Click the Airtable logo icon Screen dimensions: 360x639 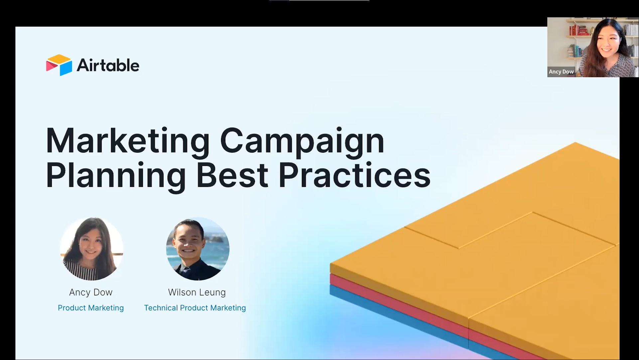[x=59, y=65]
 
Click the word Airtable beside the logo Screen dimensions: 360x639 [x=108, y=65]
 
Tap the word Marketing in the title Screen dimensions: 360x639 [x=127, y=141]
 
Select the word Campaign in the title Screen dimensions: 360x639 [x=302, y=141]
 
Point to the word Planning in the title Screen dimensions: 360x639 [x=115, y=175]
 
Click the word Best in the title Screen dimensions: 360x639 [x=232, y=175]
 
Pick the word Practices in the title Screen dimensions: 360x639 [x=354, y=175]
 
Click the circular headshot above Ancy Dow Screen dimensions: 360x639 [x=91, y=249]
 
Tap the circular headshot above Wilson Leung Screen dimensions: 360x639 [x=197, y=249]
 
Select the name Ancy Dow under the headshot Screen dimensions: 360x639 [x=91, y=292]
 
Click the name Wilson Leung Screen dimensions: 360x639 [x=197, y=292]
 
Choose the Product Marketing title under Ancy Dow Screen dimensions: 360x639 [x=91, y=308]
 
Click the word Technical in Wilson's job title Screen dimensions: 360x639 [x=161, y=308]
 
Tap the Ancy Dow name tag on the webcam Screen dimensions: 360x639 [x=561, y=72]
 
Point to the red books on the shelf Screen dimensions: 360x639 [x=579, y=30]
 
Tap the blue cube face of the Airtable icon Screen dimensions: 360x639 [x=66, y=68]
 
